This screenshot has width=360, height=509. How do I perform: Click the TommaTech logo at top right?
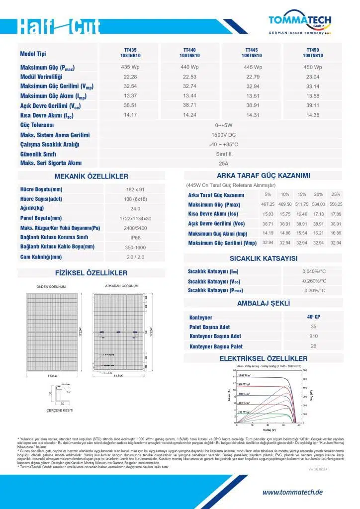pyautogui.click(x=300, y=22)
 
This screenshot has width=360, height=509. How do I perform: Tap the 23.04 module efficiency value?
pyautogui.click(x=312, y=77)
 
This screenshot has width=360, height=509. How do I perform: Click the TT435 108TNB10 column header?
pyautogui.click(x=130, y=53)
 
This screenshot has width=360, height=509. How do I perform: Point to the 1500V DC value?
pyautogui.click(x=223, y=135)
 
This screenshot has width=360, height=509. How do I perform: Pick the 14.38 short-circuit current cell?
pyautogui.click(x=312, y=115)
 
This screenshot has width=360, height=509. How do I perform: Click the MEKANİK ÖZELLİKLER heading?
pyautogui.click(x=91, y=176)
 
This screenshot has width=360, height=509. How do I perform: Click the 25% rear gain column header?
pyautogui.click(x=336, y=194)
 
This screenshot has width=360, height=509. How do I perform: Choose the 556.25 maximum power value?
pyautogui.click(x=336, y=204)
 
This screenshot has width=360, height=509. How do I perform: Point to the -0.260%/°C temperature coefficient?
pyautogui.click(x=314, y=281)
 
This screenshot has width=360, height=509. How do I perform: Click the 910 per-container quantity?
pyautogui.click(x=313, y=336)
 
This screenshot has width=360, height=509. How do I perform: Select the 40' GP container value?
pyautogui.click(x=313, y=317)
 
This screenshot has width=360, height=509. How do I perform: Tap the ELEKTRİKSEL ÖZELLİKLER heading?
pyautogui.click(x=263, y=358)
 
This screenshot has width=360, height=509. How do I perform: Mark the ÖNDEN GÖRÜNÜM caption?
pyautogui.click(x=51, y=287)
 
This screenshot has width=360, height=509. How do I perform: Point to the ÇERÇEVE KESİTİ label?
pyautogui.click(x=60, y=410)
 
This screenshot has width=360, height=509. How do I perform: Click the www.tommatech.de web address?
pyautogui.click(x=292, y=492)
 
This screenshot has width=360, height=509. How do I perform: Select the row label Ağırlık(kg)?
pyautogui.click(x=32, y=208)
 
